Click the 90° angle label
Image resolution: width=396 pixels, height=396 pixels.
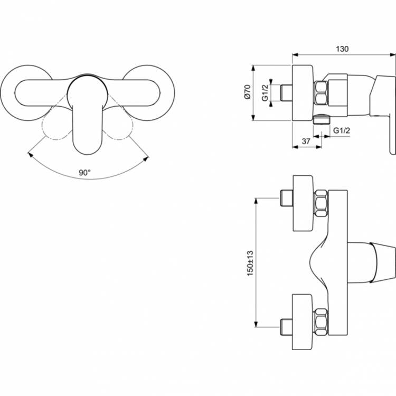[85, 172]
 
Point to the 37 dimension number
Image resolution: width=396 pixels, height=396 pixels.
[305, 141]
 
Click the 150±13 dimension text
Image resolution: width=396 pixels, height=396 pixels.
[250, 262]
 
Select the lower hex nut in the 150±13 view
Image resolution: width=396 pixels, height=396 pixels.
[320, 322]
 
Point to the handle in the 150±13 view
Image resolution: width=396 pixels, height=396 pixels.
[372, 262]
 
